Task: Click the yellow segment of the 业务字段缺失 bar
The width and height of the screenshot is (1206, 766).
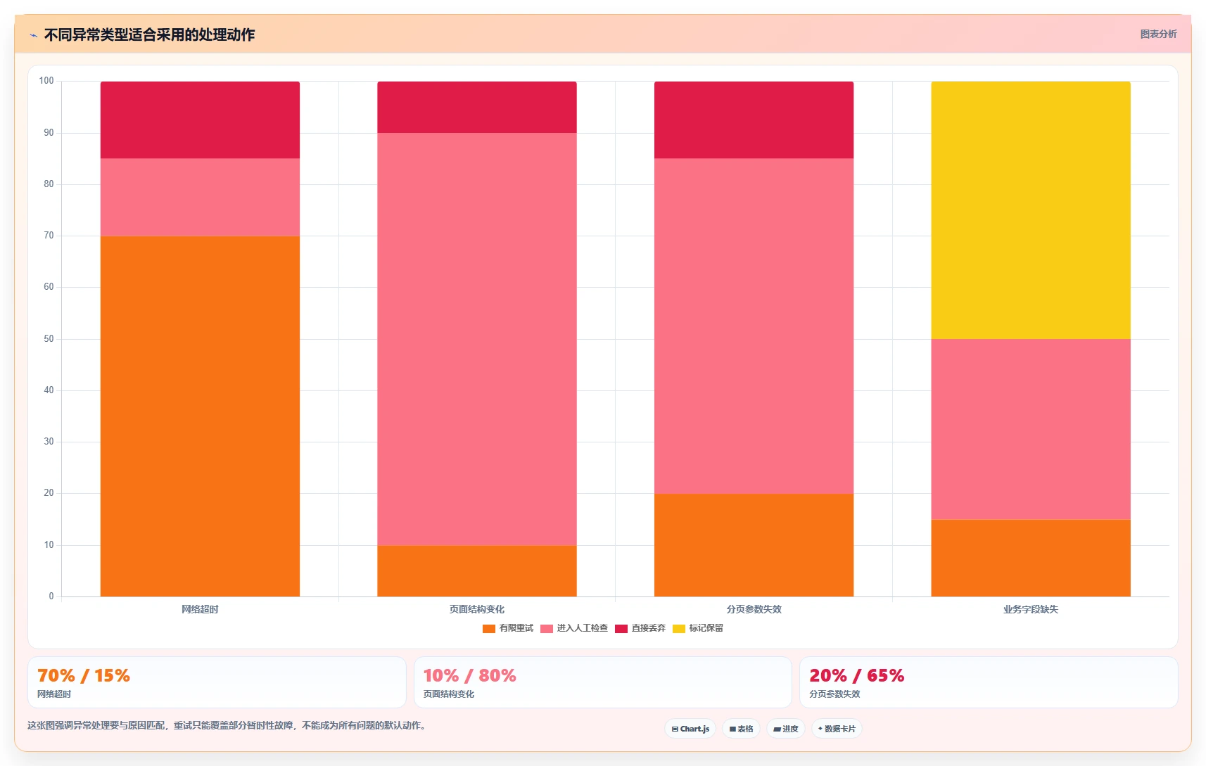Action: pos(1031,210)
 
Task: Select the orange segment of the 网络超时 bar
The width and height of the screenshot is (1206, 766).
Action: pos(200,416)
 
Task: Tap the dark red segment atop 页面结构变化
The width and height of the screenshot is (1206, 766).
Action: pos(476,107)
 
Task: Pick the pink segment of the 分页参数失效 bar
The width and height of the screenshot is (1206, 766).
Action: pos(754,326)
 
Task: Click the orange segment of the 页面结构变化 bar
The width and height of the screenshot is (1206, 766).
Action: pos(476,571)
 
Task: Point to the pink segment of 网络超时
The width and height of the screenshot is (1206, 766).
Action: pos(200,197)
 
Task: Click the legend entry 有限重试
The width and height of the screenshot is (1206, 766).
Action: pos(508,628)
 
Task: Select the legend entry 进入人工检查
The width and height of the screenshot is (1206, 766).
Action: pos(574,628)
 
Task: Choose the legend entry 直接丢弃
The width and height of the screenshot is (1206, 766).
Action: pos(640,628)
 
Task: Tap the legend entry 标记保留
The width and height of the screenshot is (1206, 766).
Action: pos(698,628)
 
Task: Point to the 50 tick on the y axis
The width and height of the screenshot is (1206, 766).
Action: pos(49,338)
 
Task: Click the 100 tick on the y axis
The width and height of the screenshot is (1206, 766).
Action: pos(46,81)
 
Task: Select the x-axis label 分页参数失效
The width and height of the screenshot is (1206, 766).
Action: pos(754,609)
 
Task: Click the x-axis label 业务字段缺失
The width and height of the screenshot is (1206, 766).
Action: pos(1031,609)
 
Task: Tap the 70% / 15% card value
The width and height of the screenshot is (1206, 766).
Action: pos(84,675)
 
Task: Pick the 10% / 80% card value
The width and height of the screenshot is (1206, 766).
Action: pos(469,675)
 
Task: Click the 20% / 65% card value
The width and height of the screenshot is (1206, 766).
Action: pos(856,675)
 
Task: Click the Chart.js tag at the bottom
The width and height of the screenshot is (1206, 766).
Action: pos(690,729)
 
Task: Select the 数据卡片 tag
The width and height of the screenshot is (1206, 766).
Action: pos(837,729)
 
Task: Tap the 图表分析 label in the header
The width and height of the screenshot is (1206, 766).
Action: pos(1158,34)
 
